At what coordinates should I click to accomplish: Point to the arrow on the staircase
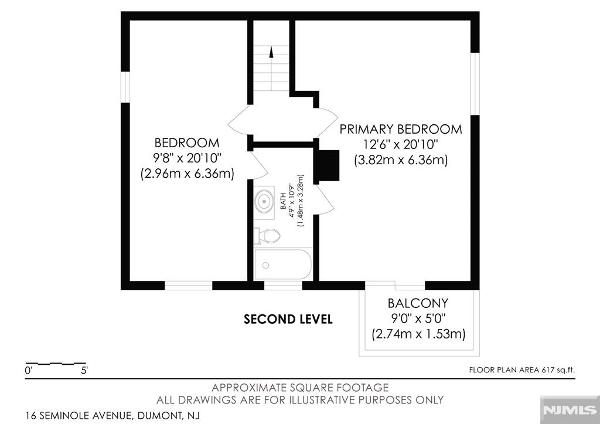pos(271,53)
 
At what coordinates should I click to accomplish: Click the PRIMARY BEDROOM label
pos(401,129)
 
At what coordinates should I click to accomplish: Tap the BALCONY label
pos(418,303)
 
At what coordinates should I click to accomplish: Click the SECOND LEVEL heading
pos(288,320)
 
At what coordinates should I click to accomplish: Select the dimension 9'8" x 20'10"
pos(186,158)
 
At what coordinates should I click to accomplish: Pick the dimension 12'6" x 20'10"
pos(401,144)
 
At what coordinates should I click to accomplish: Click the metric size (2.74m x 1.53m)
pos(418,334)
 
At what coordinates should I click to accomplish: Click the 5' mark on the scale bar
pos(84,371)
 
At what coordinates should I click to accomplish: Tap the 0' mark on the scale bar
pos(28,371)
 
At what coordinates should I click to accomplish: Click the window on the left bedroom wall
pos(125,87)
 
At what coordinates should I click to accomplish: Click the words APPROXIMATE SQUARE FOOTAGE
pos(300,388)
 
